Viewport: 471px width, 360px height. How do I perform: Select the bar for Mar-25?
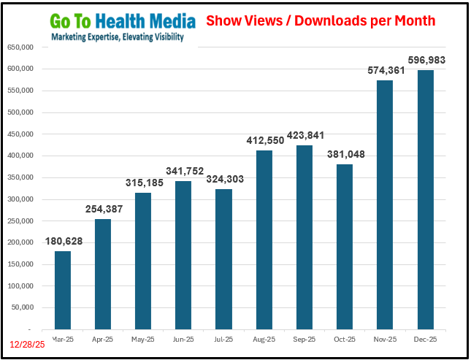63,290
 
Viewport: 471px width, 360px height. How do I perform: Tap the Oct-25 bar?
345,246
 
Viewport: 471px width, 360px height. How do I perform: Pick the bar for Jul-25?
223,259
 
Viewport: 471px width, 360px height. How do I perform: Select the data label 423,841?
305,136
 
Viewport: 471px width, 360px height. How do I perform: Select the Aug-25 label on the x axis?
264,340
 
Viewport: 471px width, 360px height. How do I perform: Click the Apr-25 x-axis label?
103,340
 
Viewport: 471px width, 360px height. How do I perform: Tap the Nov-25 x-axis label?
385,340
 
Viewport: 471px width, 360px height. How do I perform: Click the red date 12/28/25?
27,344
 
